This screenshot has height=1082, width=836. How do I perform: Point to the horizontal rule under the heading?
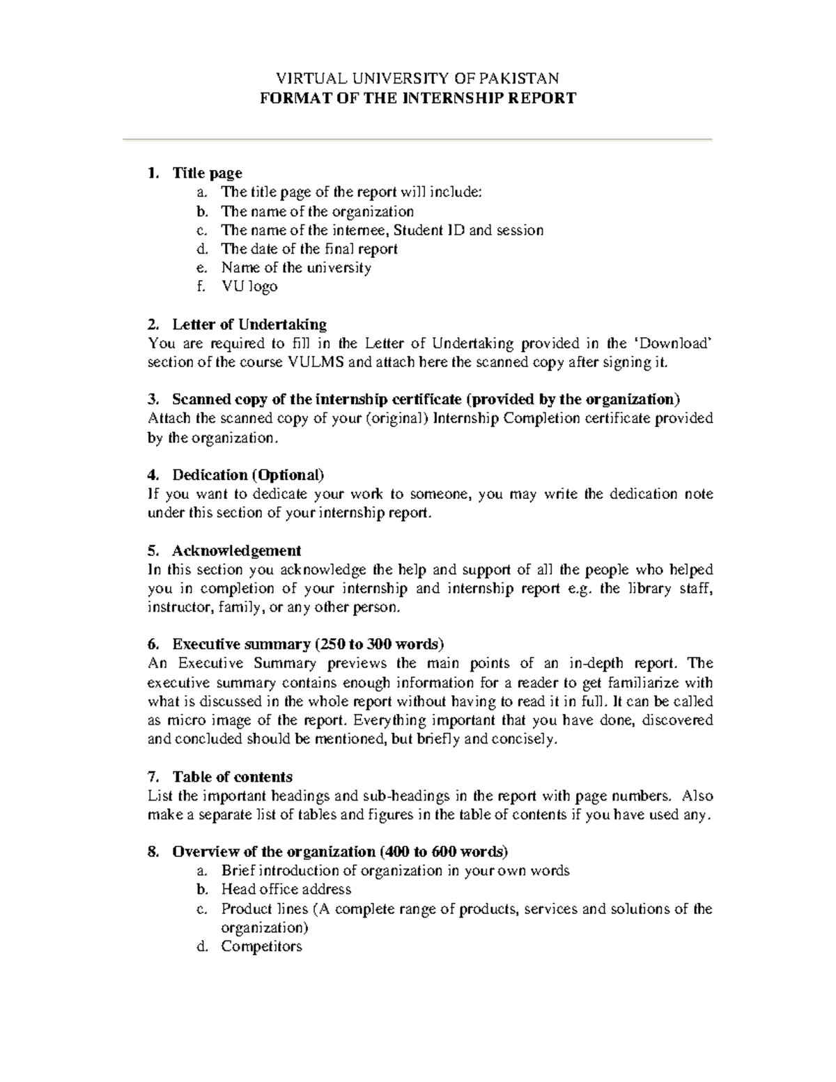(417, 140)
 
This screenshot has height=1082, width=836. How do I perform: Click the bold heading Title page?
(207, 173)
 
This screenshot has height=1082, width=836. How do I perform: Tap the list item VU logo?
(249, 286)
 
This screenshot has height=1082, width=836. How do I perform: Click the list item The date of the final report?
(309, 249)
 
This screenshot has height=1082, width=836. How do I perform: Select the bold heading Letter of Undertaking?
(249, 324)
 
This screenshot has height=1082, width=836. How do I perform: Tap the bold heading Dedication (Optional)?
(248, 475)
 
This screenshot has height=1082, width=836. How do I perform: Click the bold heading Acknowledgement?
(237, 550)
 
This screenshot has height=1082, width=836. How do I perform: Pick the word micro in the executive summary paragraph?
(185, 720)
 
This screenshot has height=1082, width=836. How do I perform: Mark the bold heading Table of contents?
(232, 777)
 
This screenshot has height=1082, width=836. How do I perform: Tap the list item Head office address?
(286, 889)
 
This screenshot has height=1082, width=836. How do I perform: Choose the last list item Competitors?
(261, 946)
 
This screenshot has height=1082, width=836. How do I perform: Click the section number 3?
(153, 399)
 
